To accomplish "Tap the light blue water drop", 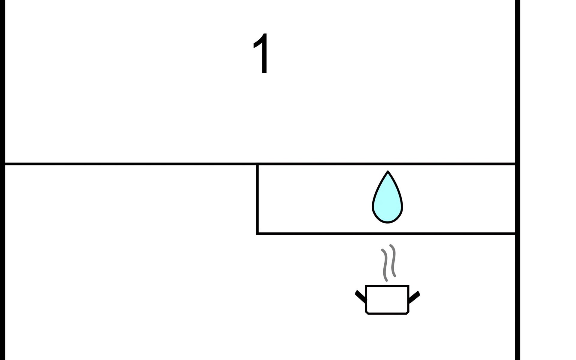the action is (x=387, y=198).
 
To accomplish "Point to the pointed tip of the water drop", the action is (x=388, y=172).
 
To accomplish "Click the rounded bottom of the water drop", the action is (x=387, y=222).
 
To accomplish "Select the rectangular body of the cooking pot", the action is (x=387, y=299).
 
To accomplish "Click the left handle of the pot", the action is (x=361, y=296).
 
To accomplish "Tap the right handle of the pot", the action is (x=414, y=297).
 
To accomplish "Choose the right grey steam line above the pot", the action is (x=392, y=260).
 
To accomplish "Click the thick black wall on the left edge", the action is (x=2, y=180).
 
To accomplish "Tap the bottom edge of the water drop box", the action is (x=386, y=233).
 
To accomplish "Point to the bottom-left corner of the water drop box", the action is (x=257, y=233).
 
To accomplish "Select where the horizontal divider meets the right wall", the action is (x=515, y=164).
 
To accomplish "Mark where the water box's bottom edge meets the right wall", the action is (x=515, y=233).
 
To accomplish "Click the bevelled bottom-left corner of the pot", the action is (x=367, y=313).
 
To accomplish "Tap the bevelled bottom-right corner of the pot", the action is (x=408, y=313).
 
